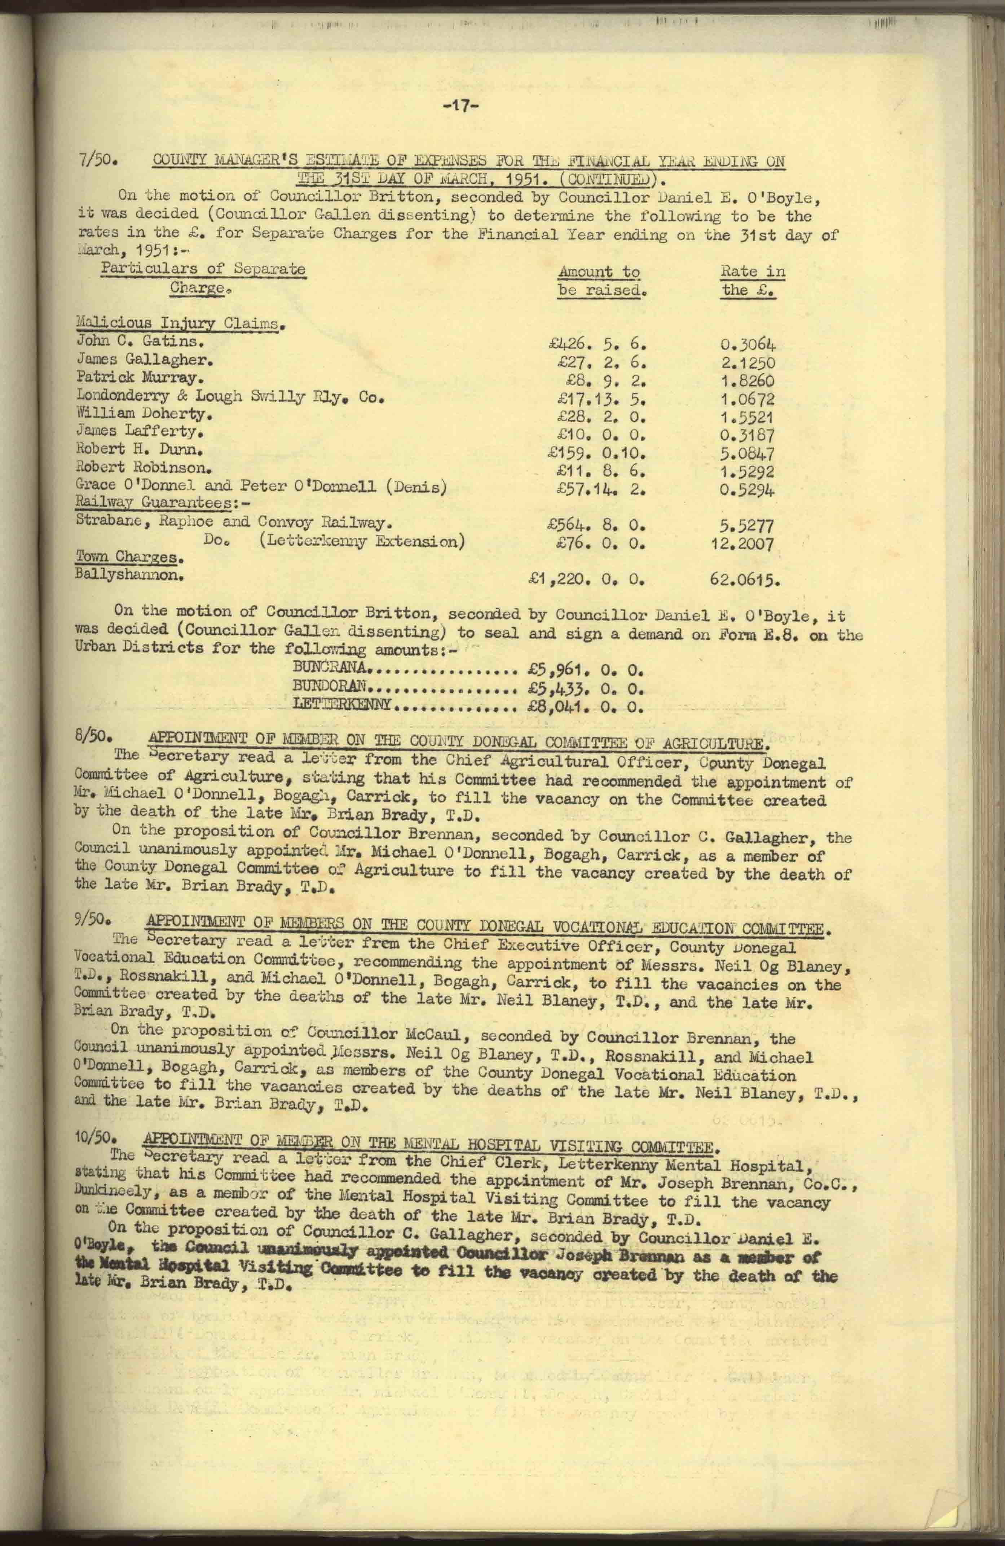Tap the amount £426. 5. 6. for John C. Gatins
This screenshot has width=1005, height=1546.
click(597, 344)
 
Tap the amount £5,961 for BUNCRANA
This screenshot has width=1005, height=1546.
click(585, 668)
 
